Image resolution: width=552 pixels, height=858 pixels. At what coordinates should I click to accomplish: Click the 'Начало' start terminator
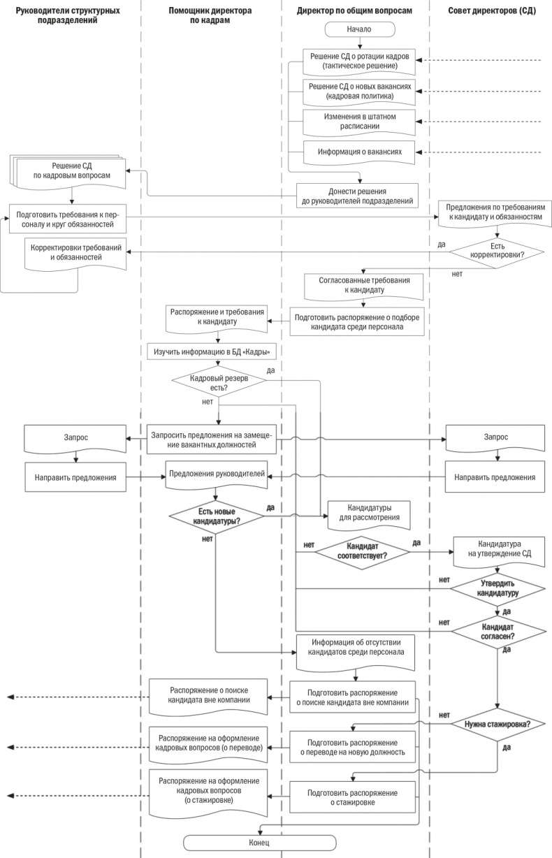[x=359, y=29]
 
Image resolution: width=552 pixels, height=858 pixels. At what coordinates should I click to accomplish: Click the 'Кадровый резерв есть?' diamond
[x=219, y=382]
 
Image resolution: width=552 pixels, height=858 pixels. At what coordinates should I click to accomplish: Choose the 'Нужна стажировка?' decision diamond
[x=497, y=724]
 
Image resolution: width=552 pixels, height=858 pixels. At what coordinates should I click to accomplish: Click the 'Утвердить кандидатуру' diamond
[x=497, y=588]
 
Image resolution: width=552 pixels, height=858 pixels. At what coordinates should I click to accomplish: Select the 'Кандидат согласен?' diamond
[x=497, y=632]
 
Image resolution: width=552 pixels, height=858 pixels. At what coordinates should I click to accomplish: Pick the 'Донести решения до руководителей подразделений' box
[x=358, y=196]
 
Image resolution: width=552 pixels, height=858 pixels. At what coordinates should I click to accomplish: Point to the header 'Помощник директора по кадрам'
[x=210, y=16]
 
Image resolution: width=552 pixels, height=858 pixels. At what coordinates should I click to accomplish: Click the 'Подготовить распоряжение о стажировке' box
[x=353, y=797]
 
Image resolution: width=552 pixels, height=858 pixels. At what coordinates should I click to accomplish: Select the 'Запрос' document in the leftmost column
[x=75, y=438]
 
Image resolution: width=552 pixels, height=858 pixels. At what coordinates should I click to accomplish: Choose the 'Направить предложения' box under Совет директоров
[x=495, y=478]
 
